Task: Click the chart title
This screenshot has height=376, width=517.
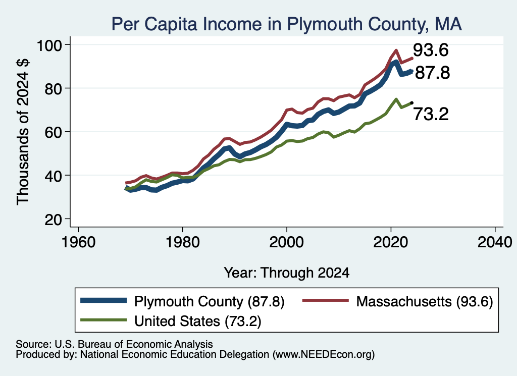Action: (286, 24)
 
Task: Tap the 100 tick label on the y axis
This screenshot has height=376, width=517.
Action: (49, 45)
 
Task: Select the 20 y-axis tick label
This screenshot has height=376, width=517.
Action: (53, 220)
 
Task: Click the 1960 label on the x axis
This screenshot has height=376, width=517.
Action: (78, 243)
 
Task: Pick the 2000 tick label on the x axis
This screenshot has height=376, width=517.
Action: (287, 243)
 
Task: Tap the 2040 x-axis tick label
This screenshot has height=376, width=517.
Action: (495, 243)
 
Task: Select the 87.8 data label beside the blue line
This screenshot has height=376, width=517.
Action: (432, 73)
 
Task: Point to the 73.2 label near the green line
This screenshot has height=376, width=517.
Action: (431, 115)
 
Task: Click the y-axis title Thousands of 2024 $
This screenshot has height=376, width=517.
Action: (23, 132)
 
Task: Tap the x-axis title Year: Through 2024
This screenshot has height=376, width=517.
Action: (287, 273)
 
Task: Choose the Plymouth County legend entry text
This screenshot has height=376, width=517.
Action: (209, 301)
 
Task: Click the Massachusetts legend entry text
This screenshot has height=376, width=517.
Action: (425, 301)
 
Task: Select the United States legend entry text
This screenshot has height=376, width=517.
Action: (197, 321)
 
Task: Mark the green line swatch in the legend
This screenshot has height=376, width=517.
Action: (104, 319)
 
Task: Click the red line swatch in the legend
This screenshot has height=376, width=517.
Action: (326, 300)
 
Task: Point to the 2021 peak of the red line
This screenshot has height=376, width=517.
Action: (396, 50)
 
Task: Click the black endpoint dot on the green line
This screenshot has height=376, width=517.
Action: (411, 103)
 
